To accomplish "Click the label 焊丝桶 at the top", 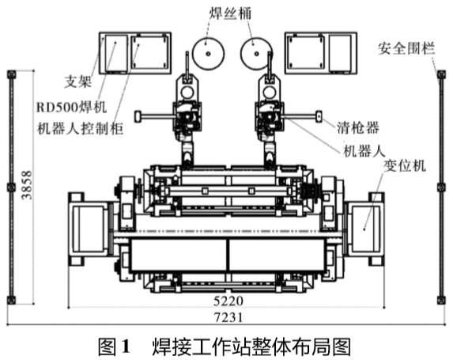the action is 230,13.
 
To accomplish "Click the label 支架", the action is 77,81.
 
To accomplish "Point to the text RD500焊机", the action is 72,108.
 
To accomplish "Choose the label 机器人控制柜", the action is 81,128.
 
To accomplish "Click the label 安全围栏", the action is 406,48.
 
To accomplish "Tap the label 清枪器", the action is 358,127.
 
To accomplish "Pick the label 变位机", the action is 405,166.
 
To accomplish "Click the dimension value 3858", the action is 27,185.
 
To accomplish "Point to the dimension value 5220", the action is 228,301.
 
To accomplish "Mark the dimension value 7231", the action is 228,317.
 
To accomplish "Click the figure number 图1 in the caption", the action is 115,347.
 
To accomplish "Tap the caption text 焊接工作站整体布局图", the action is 251,347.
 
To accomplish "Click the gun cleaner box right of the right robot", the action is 319,117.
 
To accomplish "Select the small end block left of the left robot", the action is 138,116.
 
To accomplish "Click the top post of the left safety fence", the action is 12,74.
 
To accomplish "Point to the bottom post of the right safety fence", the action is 441,300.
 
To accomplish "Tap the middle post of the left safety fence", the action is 12,188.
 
